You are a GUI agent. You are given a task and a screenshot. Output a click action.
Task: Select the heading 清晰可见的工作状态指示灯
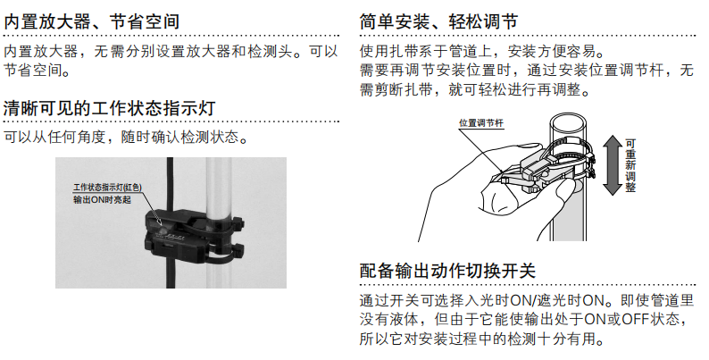click(x=109, y=108)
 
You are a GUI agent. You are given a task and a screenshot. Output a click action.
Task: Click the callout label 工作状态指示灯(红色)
click(x=113, y=188)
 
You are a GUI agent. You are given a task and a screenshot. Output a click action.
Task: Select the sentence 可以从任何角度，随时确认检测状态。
click(x=126, y=138)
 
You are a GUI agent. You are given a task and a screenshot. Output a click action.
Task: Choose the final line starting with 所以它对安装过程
click(x=482, y=339)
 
